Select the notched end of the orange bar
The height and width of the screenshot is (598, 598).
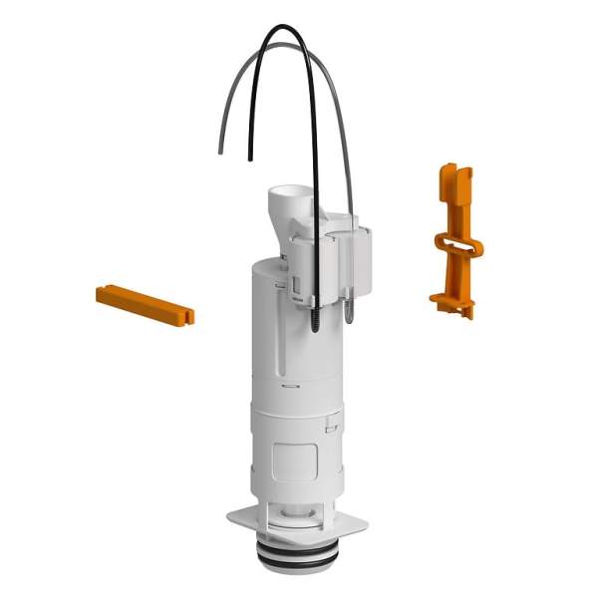click(x=186, y=316)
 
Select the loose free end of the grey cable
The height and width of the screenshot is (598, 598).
click(x=220, y=151)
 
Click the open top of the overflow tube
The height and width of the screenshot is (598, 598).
click(x=289, y=191)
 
